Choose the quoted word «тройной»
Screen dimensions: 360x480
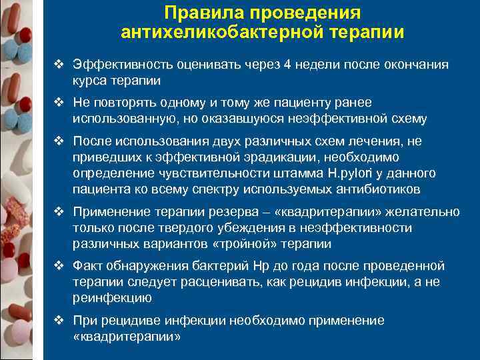[x=240, y=243]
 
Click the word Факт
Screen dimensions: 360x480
[x=87, y=267]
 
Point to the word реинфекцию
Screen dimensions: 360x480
[x=113, y=298]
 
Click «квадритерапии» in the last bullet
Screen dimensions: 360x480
[x=127, y=337]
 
